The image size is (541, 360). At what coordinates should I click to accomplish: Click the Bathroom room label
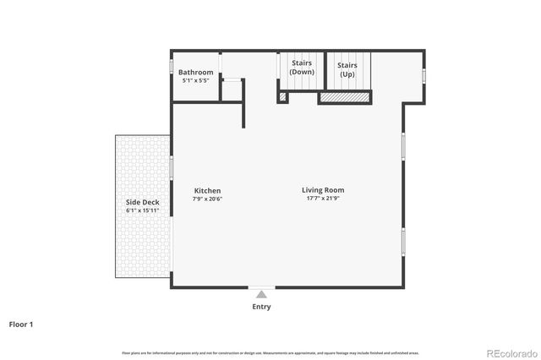pyautogui.click(x=195, y=73)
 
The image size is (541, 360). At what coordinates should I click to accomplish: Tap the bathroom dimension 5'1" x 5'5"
pyautogui.click(x=195, y=81)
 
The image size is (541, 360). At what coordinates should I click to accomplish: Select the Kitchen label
pyautogui.click(x=207, y=191)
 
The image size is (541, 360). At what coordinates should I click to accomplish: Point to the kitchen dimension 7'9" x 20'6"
pyautogui.click(x=207, y=199)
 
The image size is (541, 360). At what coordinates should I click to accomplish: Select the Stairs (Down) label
pyautogui.click(x=302, y=68)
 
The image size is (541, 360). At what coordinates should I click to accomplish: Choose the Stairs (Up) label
pyautogui.click(x=347, y=69)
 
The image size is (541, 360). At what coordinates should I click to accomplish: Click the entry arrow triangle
pyautogui.click(x=261, y=294)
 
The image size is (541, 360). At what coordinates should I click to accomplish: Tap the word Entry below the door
pyautogui.click(x=261, y=307)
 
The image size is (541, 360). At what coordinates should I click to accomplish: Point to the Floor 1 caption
pyautogui.click(x=21, y=324)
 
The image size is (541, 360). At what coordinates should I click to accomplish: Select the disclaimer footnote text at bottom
pyautogui.click(x=270, y=352)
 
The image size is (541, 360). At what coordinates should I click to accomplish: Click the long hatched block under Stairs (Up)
pyautogui.click(x=345, y=99)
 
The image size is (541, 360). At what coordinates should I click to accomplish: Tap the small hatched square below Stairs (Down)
pyautogui.click(x=282, y=97)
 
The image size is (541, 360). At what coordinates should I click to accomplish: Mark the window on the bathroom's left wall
pyautogui.click(x=172, y=66)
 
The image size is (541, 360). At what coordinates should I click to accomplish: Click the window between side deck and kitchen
pyautogui.click(x=172, y=168)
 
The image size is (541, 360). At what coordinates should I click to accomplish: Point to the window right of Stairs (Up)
pyautogui.click(x=424, y=76)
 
